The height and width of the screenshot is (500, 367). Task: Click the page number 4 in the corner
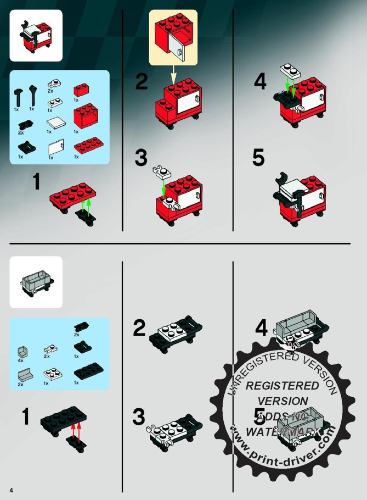click(x=12, y=490)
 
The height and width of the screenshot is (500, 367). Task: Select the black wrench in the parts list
click(x=32, y=96)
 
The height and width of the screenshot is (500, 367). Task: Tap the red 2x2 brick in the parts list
click(x=81, y=90)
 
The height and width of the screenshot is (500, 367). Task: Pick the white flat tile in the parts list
click(x=57, y=123)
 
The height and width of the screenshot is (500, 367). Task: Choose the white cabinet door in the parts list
click(x=56, y=147)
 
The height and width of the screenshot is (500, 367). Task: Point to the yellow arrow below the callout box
click(x=173, y=75)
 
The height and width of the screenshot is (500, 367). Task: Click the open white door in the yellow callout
click(x=177, y=47)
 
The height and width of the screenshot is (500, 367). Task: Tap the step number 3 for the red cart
click(x=141, y=158)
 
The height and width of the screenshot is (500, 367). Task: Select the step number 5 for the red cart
click(x=258, y=157)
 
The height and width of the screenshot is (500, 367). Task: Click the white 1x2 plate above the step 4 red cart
click(x=290, y=71)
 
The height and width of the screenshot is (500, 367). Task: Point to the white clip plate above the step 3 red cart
click(x=162, y=171)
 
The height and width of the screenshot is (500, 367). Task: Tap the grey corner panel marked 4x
click(x=23, y=353)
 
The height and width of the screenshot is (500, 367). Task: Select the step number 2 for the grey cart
click(x=139, y=327)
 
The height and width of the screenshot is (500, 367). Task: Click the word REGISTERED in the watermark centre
click(x=282, y=386)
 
